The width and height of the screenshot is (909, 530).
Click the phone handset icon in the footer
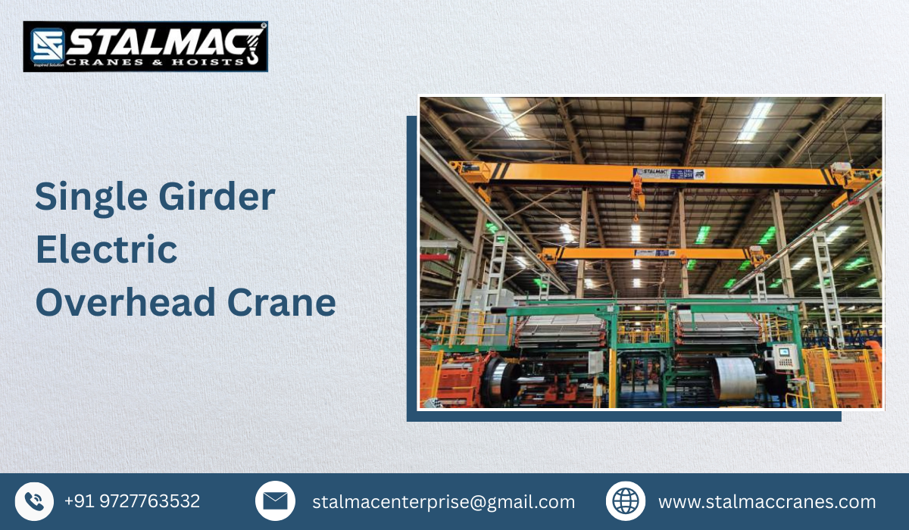pos(34,501)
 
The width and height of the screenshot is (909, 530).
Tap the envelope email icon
pos(275,501)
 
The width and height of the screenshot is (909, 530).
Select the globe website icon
pos(626,501)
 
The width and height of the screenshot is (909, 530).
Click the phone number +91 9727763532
pos(132,501)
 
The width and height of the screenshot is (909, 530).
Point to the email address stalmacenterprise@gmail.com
pos(443,502)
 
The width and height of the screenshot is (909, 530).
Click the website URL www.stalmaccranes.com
pos(767,502)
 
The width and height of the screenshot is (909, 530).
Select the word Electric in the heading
pos(106,250)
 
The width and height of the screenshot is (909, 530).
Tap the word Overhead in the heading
pos(126,303)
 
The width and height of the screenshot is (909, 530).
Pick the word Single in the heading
pos(83,198)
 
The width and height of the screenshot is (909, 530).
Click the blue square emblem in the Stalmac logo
pos(47,45)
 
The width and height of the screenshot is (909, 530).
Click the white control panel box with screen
pos(786,356)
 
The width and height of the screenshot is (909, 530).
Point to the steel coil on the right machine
pos(733,377)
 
